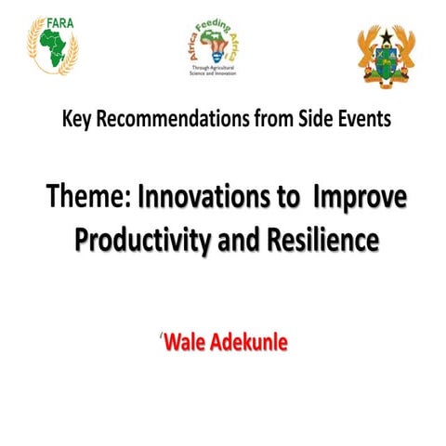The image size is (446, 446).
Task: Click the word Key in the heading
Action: tap(77, 120)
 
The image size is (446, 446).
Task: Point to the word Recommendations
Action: tap(166, 120)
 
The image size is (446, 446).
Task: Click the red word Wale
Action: tap(186, 343)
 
